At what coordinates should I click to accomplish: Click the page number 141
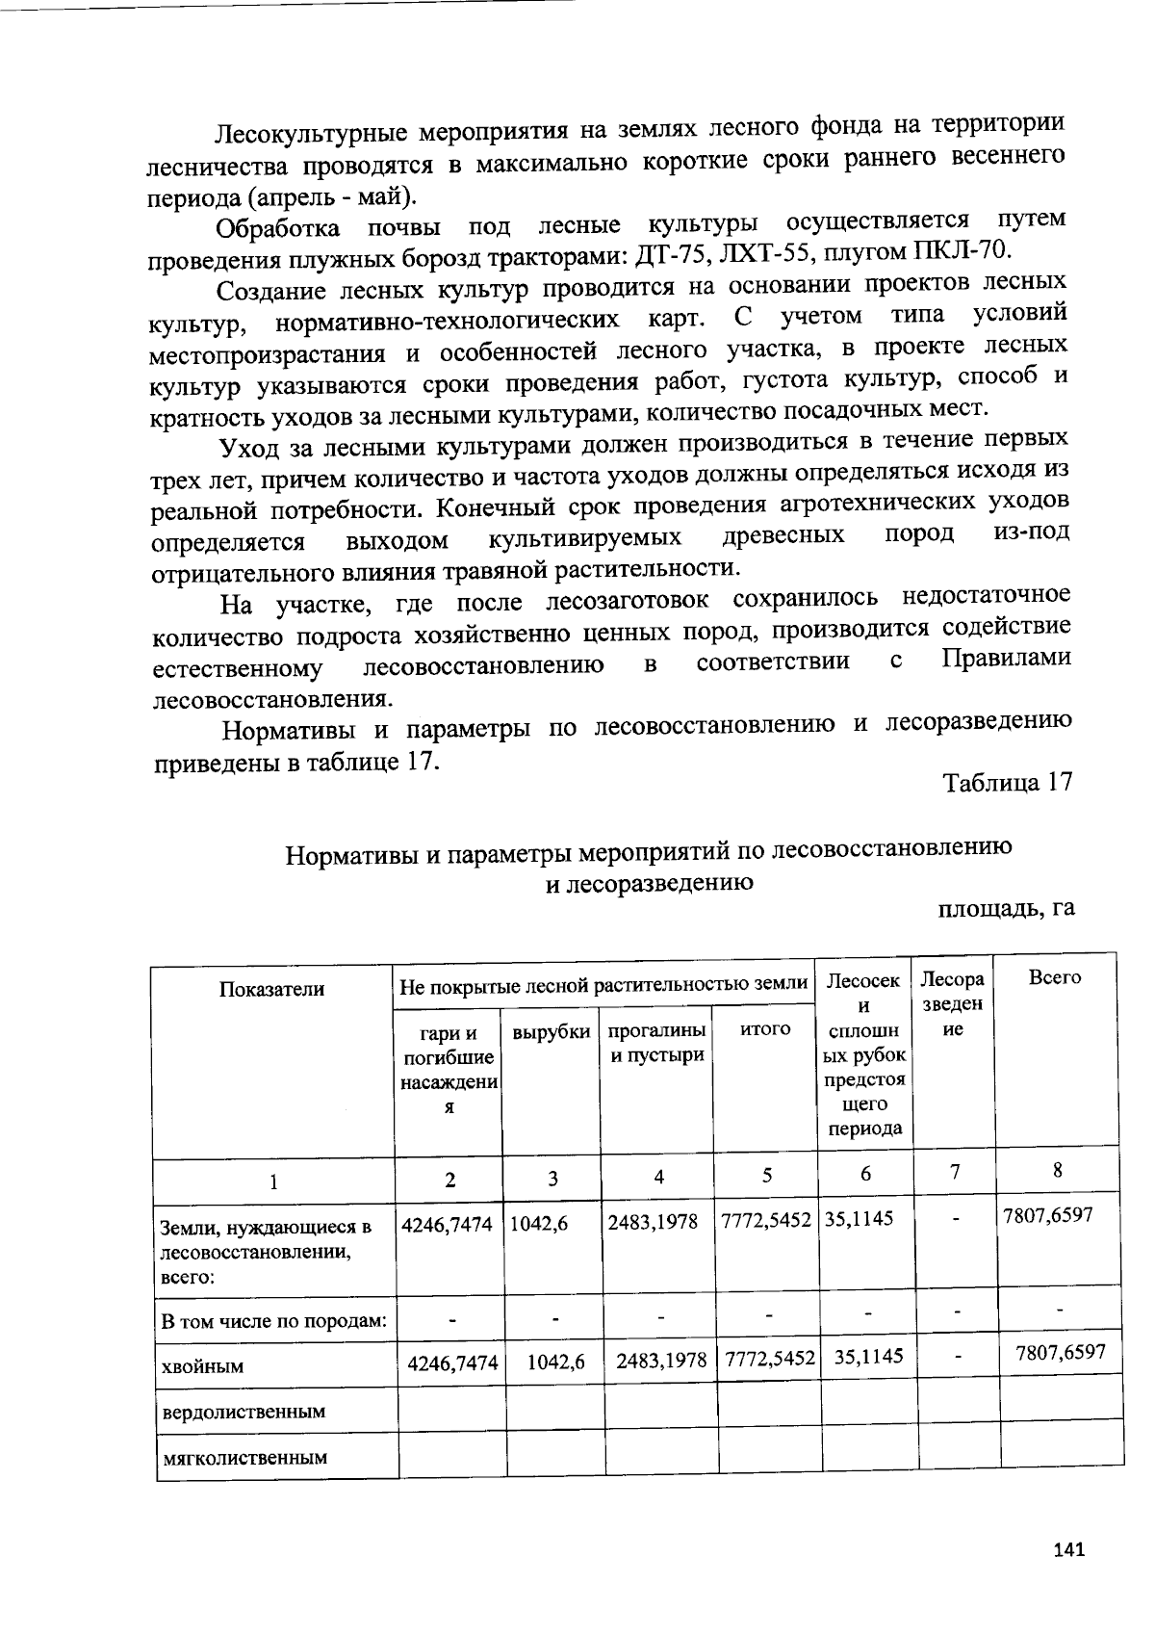1069,1550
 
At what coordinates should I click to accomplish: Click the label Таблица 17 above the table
1007,782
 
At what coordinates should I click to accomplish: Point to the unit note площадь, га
1006,908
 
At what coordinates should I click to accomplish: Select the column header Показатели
272,989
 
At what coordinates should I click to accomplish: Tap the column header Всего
1055,977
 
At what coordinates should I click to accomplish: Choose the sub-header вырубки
551,1032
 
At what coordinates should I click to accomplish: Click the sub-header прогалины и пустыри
658,1042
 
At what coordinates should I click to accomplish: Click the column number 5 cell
767,1175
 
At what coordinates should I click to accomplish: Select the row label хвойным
203,1365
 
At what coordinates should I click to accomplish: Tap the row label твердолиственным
244,1412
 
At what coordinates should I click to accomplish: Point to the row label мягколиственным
245,1457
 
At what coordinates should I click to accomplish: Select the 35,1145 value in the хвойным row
868,1357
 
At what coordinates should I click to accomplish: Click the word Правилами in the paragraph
1005,659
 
